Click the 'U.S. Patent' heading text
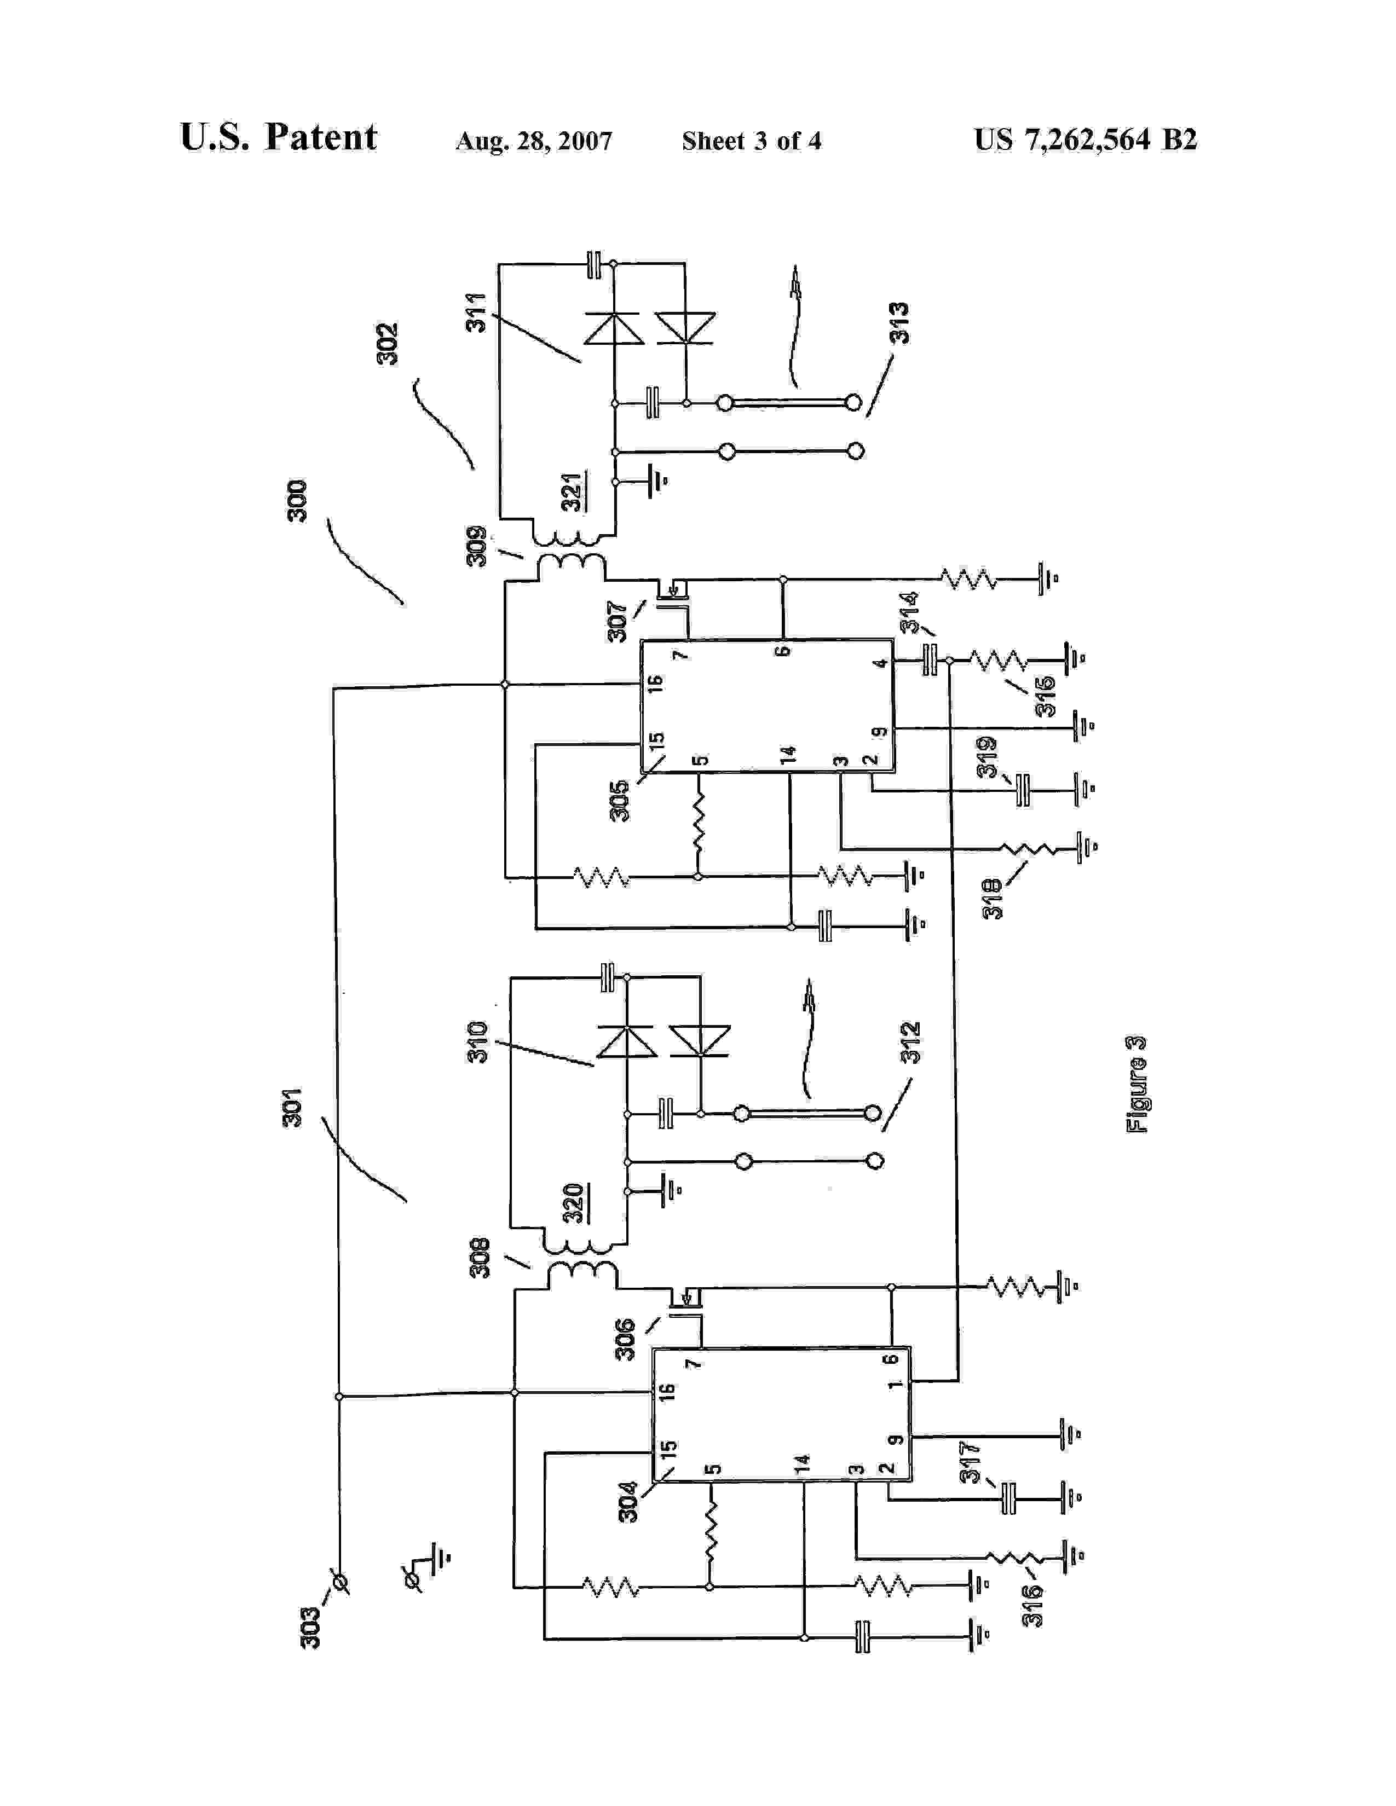pyautogui.click(x=278, y=137)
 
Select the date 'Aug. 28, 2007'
pyautogui.click(x=533, y=141)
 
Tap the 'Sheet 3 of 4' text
pyautogui.click(x=751, y=141)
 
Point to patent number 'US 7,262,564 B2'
pyautogui.click(x=1085, y=140)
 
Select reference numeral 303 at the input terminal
pyautogui.click(x=310, y=1628)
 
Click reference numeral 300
pyautogui.click(x=297, y=500)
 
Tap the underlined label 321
pyautogui.click(x=572, y=492)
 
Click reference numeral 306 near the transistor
pyautogui.click(x=625, y=1339)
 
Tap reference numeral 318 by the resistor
pyautogui.click(x=993, y=899)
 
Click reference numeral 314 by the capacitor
pyautogui.click(x=909, y=612)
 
